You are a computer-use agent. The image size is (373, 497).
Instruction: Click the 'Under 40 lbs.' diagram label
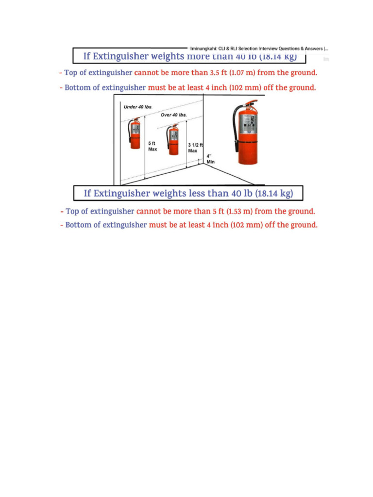(x=137, y=107)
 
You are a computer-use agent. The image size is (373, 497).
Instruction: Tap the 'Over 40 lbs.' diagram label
(x=174, y=115)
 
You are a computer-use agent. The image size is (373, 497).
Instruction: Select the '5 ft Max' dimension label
(x=153, y=147)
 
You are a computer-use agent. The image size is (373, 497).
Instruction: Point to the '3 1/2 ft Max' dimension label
(x=194, y=148)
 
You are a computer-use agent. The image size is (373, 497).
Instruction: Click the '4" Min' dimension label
(x=211, y=159)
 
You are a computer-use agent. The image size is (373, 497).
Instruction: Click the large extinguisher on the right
(x=248, y=133)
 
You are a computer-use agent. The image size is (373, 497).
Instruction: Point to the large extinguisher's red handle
(x=250, y=103)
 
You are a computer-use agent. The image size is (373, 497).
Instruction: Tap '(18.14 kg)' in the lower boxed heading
(x=274, y=194)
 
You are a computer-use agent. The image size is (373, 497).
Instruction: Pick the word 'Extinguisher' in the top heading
(x=121, y=56)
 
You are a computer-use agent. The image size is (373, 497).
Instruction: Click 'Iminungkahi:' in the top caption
(x=203, y=49)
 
